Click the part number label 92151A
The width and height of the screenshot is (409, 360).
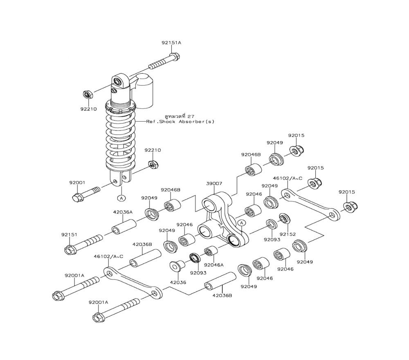(x=171, y=43)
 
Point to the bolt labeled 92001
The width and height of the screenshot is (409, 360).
(x=86, y=194)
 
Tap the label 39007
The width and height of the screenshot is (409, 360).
(x=214, y=184)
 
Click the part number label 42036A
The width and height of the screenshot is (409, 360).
(x=123, y=212)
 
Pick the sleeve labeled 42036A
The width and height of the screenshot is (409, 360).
(x=124, y=227)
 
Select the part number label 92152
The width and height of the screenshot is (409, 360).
(x=287, y=234)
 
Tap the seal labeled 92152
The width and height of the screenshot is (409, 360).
(x=284, y=218)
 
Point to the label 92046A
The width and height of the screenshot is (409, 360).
(x=214, y=265)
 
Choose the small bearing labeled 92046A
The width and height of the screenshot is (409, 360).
(x=211, y=251)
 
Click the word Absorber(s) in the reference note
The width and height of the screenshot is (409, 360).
(x=196, y=122)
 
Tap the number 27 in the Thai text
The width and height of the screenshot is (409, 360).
(x=191, y=116)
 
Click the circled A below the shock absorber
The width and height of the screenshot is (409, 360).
(x=121, y=198)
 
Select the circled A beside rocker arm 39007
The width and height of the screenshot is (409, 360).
(x=242, y=223)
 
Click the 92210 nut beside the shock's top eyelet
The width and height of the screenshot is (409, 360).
(x=88, y=94)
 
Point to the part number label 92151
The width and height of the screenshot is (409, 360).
(x=69, y=234)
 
